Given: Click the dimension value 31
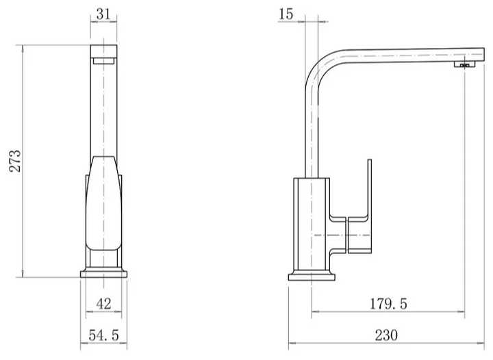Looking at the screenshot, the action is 103,14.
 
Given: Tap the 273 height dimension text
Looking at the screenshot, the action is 15,161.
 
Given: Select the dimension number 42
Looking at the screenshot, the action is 104,304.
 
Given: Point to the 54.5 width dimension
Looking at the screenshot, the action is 104,335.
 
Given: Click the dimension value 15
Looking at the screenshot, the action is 286,14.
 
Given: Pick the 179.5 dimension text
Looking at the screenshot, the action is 388,304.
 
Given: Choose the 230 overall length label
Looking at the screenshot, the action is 386,335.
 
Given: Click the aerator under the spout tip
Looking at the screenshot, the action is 465,65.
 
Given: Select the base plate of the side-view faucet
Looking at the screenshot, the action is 312,277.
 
